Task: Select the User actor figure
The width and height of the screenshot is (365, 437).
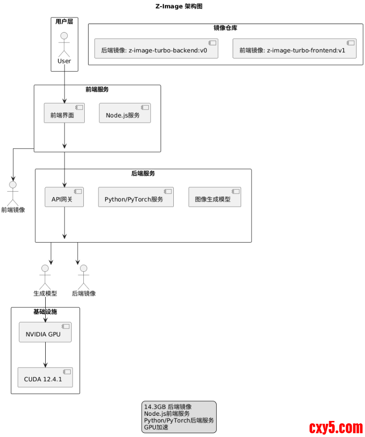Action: tap(64, 45)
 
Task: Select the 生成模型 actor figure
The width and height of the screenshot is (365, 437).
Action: tap(45, 277)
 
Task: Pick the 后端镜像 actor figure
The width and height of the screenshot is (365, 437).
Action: tap(83, 277)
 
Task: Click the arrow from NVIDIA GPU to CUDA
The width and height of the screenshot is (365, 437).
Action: tap(45, 354)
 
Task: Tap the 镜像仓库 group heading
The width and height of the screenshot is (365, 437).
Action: tap(225, 28)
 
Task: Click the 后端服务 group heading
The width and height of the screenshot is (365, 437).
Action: tap(143, 174)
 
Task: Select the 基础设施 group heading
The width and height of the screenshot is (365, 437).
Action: tap(45, 312)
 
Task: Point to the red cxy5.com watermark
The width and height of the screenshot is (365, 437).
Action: tap(336, 428)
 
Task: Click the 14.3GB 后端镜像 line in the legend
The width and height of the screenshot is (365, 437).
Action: tap(168, 407)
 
